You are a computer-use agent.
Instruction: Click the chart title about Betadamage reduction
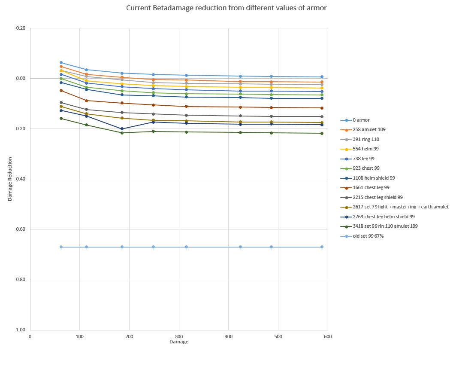click(x=226, y=8)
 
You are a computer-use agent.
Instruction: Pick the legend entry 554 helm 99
click(x=365, y=149)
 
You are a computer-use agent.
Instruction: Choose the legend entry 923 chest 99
click(x=366, y=168)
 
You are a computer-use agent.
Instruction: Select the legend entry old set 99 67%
click(x=368, y=236)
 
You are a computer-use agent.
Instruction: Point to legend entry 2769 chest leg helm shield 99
click(x=384, y=217)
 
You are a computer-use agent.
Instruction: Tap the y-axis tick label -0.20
click(x=20, y=28)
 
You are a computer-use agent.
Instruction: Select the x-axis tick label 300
click(x=179, y=337)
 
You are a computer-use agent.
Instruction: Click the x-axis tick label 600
click(x=328, y=337)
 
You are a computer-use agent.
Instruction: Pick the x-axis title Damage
click(x=179, y=342)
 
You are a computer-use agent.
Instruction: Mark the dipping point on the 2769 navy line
click(x=122, y=129)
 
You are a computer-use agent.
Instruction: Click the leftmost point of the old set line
click(x=61, y=247)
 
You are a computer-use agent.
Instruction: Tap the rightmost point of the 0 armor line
click(x=322, y=77)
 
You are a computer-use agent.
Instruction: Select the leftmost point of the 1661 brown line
click(x=61, y=90)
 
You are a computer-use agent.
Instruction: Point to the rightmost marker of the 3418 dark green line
click(x=322, y=133)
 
